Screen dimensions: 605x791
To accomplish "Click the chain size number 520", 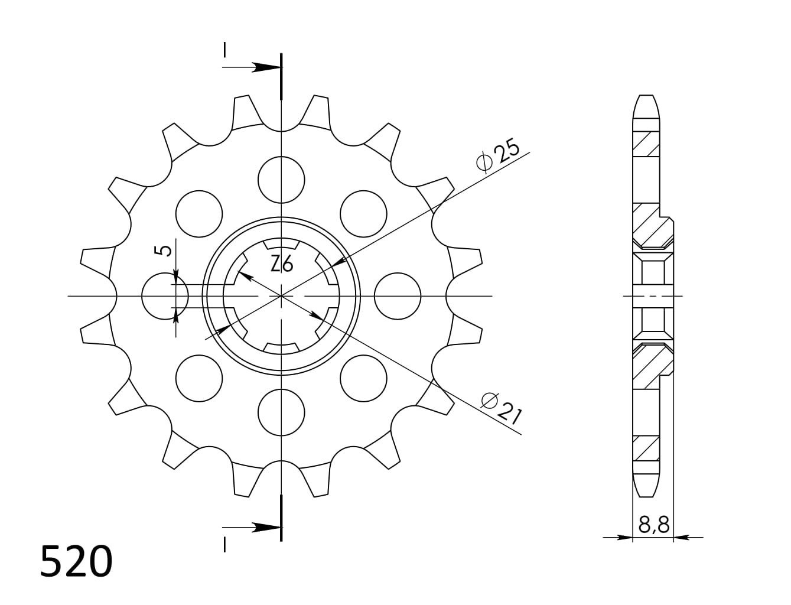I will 76,561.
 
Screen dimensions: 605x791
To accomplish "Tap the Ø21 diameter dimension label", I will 501,408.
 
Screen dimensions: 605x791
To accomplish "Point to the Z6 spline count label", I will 282,265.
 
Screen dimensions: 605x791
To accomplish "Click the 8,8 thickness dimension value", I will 654,524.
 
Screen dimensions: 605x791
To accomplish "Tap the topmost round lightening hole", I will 282,180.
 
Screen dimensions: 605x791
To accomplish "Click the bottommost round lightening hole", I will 282,412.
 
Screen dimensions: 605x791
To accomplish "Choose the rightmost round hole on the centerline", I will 398,295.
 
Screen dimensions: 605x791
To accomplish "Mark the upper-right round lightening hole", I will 364,214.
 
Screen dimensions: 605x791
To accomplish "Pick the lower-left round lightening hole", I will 199,378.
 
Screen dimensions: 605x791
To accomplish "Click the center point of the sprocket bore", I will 282,295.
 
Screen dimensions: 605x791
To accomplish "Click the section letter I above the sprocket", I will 224,50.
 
